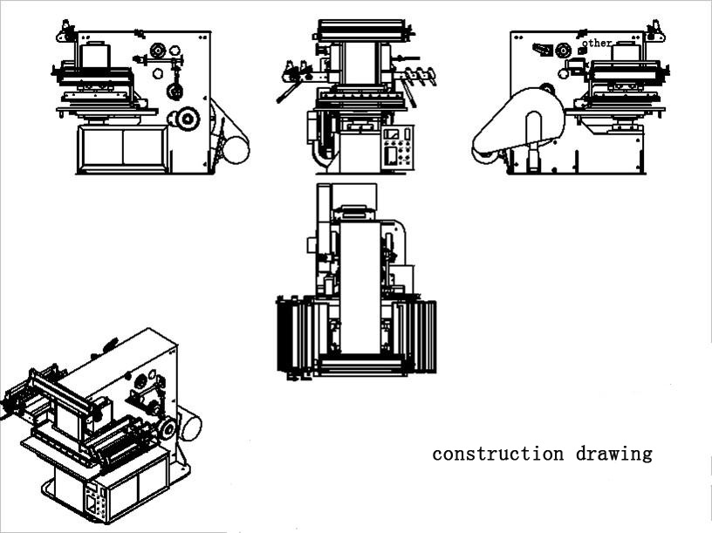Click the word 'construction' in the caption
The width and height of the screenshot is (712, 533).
497,454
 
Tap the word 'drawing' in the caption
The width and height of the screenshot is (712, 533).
614,454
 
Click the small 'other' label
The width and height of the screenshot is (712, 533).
597,43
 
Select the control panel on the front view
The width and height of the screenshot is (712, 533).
397,148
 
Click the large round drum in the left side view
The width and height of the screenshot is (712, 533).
236,149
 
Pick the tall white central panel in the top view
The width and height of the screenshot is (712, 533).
359,287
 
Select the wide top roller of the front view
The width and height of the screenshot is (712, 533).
361,30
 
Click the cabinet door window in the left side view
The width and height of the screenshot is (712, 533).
123,148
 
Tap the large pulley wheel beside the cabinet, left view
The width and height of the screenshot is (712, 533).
187,119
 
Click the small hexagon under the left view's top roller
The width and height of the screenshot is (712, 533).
158,72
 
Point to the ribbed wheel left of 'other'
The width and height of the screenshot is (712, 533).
563,51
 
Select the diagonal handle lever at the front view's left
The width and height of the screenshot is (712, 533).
287,92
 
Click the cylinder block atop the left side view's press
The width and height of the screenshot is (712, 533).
96,55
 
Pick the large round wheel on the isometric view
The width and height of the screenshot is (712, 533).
168,428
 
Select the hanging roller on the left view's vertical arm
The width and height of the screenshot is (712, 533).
175,92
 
